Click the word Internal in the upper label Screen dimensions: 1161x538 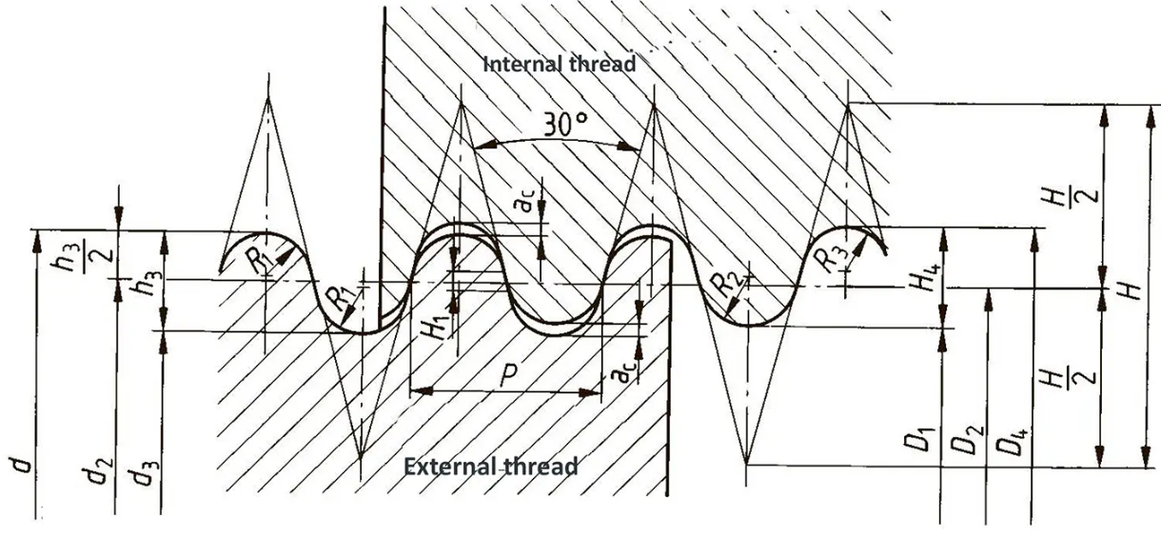pos(522,65)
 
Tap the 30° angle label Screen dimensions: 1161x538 pos(565,124)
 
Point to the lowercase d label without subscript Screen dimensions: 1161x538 pos(22,466)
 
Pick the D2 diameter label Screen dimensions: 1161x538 pos(965,440)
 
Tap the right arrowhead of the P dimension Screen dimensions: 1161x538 pos(590,392)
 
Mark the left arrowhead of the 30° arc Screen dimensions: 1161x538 pos(484,147)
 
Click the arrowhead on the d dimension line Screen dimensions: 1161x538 pos(36,241)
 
